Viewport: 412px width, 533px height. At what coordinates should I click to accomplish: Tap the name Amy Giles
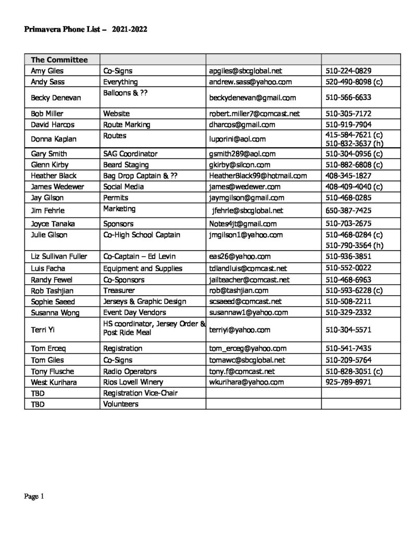47,71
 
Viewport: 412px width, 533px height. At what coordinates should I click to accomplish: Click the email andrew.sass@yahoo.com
250,82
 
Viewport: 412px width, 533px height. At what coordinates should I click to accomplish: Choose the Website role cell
116,113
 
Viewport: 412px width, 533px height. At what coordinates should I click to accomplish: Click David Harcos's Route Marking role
127,124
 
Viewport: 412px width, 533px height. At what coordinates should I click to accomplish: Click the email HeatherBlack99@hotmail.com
258,176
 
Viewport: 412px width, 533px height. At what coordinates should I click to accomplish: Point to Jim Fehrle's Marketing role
119,208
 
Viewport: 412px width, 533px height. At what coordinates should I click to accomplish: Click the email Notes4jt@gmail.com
242,224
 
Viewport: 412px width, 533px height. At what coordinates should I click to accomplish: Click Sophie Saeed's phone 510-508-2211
347,301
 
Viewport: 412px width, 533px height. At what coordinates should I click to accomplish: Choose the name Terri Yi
42,329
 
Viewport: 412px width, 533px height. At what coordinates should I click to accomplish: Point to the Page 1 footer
34,497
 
